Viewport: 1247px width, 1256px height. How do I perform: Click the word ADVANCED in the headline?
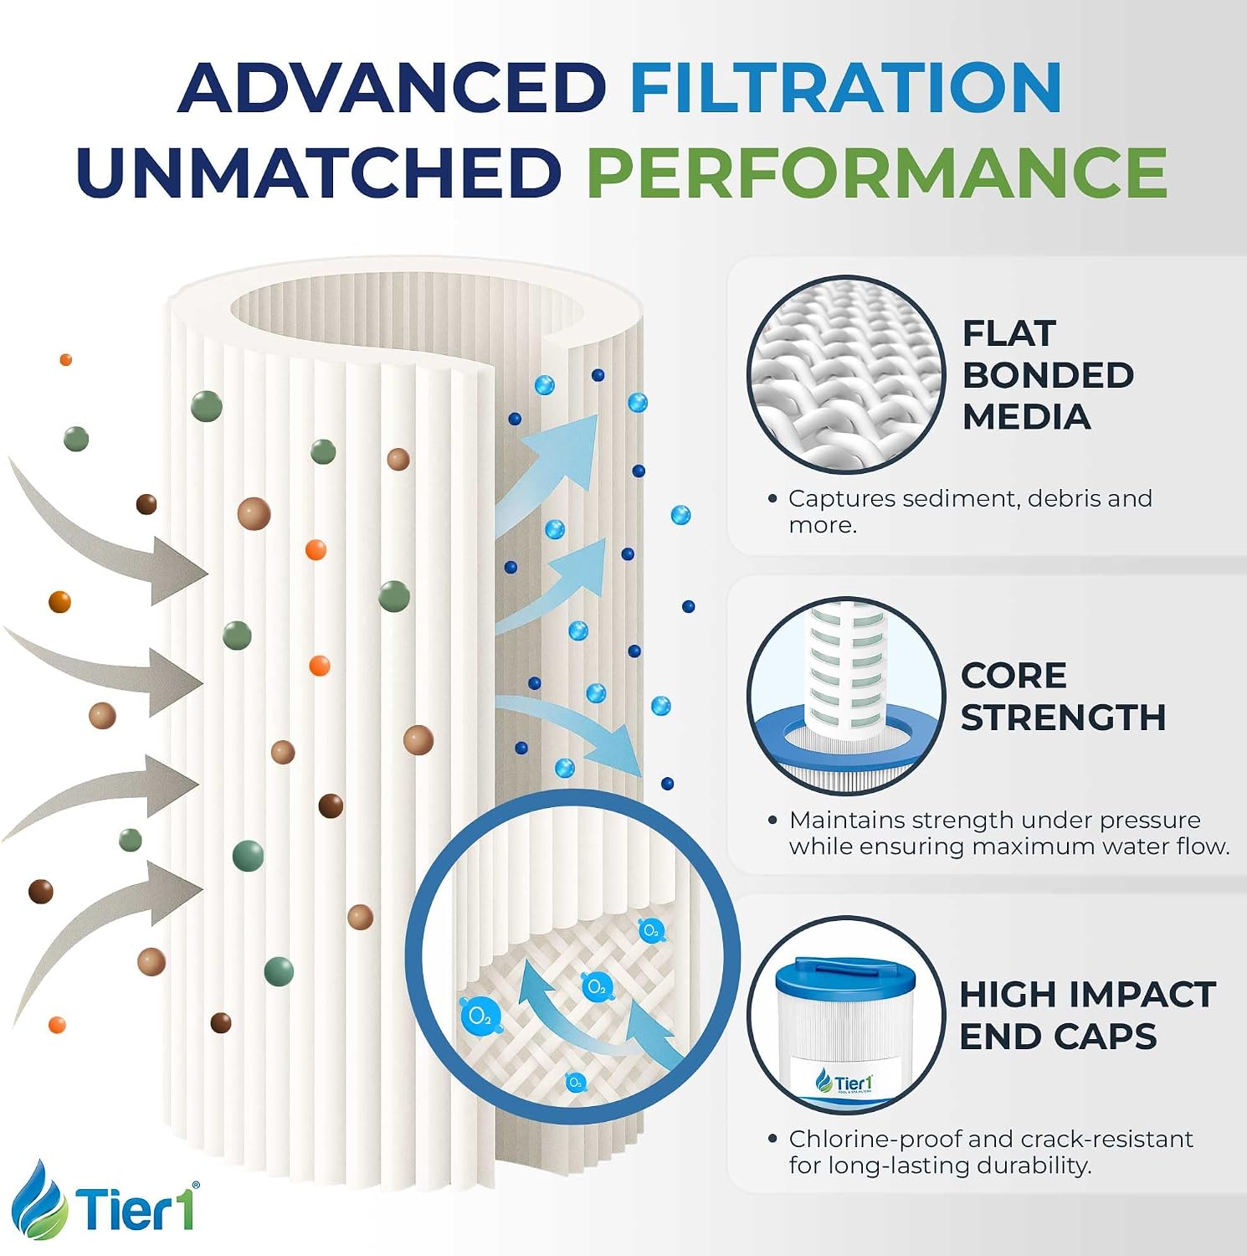tap(392, 87)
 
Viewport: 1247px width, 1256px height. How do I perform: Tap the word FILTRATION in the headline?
tap(846, 87)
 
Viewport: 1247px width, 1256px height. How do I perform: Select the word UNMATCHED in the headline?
tap(319, 172)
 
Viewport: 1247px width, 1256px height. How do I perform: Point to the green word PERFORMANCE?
tap(877, 172)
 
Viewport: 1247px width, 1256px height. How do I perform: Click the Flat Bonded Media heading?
tap(1048, 374)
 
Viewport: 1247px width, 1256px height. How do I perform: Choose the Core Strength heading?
tap(1063, 696)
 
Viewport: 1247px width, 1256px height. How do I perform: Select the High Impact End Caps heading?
tap(1087, 1015)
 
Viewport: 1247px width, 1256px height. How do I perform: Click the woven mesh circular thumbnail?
tap(846, 373)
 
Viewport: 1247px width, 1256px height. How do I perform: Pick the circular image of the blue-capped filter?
tap(846, 1015)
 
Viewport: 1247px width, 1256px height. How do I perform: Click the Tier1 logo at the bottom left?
tap(107, 1202)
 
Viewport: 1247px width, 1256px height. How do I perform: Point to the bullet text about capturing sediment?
tap(969, 511)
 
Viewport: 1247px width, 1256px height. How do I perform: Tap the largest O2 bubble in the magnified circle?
tap(480, 1016)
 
